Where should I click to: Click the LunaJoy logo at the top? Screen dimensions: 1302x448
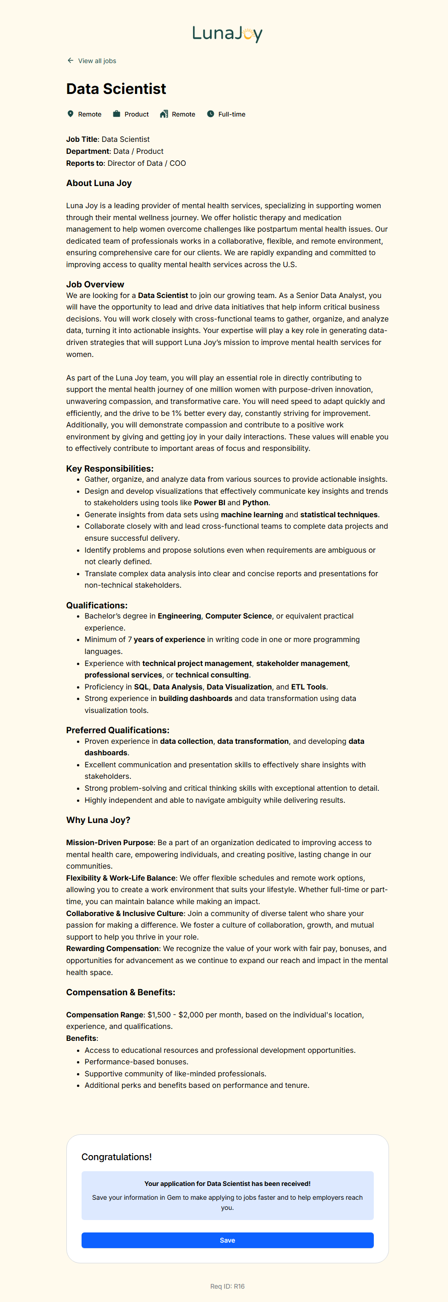[x=227, y=34]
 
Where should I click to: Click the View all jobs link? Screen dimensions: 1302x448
[x=97, y=61]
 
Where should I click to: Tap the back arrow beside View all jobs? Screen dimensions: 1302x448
[x=70, y=61]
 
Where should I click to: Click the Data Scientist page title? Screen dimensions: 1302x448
[x=116, y=89]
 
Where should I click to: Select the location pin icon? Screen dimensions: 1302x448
[x=70, y=114]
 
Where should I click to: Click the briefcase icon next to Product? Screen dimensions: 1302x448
[x=116, y=114]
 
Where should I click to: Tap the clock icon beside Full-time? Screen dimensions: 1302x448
[x=210, y=114]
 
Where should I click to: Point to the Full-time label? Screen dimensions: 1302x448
[x=231, y=114]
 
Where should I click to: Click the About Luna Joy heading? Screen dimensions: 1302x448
[x=99, y=183]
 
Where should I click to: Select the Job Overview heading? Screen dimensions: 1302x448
[x=95, y=284]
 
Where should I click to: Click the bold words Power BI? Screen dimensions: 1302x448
[x=209, y=502]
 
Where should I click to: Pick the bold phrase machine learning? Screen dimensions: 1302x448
[x=252, y=514]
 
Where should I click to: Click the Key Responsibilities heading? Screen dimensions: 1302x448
[x=110, y=468]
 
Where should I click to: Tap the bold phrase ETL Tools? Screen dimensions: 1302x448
[x=308, y=687]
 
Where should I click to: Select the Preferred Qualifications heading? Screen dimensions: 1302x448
[x=118, y=730]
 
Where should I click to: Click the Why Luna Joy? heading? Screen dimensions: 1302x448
[x=98, y=820]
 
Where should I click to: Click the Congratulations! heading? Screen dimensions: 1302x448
[x=116, y=1157]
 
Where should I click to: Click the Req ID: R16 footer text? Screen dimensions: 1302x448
[x=227, y=1286]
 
